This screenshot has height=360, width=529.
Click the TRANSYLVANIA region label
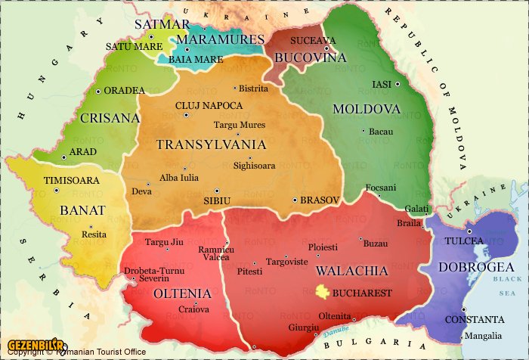[x=210, y=144]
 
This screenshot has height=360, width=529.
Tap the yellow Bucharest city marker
[x=323, y=292]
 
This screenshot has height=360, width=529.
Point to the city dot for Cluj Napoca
[x=187, y=115]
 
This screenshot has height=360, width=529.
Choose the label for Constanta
[x=474, y=319]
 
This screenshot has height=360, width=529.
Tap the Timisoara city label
[x=72, y=181]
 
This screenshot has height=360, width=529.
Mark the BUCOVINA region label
[x=310, y=57]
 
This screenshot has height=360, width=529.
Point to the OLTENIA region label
[x=182, y=293]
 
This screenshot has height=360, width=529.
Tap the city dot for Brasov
[x=295, y=200]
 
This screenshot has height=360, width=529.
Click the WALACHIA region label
[x=351, y=271]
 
